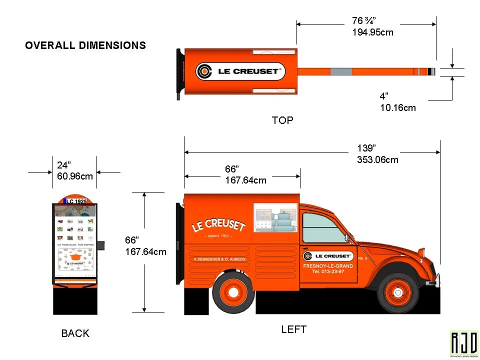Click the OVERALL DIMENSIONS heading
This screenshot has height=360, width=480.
click(x=85, y=45)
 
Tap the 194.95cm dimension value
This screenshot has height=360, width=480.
click(x=372, y=32)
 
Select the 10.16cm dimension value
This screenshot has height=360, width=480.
click(x=397, y=107)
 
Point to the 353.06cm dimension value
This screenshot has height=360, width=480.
click(x=377, y=160)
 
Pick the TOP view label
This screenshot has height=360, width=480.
click(x=282, y=120)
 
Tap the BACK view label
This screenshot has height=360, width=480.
click(x=75, y=333)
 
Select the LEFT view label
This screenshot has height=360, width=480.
click(x=293, y=329)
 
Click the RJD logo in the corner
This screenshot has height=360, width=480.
click(x=464, y=343)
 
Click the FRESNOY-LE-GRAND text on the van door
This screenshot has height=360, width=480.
click(x=328, y=266)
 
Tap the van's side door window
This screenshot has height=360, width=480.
click(x=324, y=228)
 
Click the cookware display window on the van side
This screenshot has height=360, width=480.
click(x=276, y=218)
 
